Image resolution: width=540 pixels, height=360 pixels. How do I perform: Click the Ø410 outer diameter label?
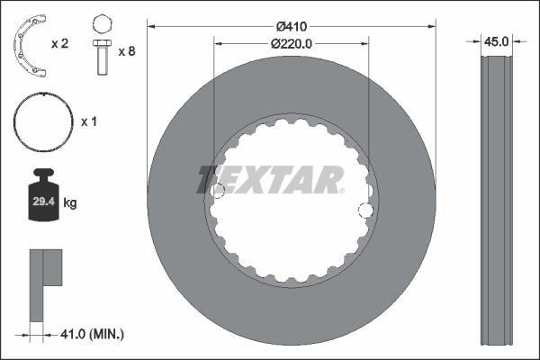tap(291, 25)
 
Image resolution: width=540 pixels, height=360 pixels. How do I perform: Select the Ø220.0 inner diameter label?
tap(292, 41)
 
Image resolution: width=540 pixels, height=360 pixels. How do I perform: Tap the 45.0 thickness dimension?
tap(497, 41)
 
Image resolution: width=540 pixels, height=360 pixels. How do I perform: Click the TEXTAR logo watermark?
tap(270, 179)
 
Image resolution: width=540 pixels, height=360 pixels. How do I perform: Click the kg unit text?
tap(70, 204)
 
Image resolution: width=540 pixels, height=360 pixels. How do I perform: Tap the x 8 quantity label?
tap(127, 52)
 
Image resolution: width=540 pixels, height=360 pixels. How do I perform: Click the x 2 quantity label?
tap(60, 43)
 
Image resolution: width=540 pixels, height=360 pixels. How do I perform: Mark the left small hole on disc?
tap(217, 190)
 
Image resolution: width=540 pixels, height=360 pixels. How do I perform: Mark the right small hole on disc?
tap(365, 211)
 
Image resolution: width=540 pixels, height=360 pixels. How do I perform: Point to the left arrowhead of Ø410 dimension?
tap(151, 25)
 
